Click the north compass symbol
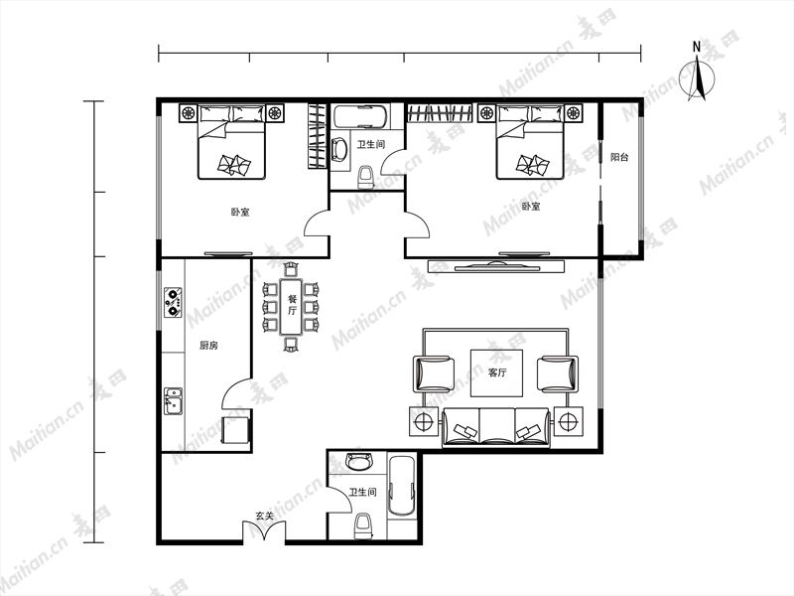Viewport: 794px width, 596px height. pyautogui.click(x=697, y=76)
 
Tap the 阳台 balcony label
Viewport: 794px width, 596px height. pyautogui.click(x=618, y=157)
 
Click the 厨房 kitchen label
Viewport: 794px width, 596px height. pyautogui.click(x=208, y=346)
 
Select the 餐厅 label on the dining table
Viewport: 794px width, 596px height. pyautogui.click(x=292, y=305)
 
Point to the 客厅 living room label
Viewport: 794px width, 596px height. pyautogui.click(x=497, y=372)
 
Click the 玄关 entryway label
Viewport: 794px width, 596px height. pyautogui.click(x=264, y=516)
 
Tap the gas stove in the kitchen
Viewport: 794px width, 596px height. pyautogui.click(x=173, y=302)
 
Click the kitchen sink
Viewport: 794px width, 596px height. pyautogui.click(x=173, y=401)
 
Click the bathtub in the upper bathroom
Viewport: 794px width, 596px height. pyautogui.click(x=360, y=116)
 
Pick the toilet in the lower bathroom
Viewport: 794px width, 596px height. pyautogui.click(x=362, y=526)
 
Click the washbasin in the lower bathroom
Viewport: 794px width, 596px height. pyautogui.click(x=358, y=461)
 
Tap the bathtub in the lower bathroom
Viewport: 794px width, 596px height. pyautogui.click(x=402, y=486)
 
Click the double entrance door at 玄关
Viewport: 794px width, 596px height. pyautogui.click(x=264, y=532)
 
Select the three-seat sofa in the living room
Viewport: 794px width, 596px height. pyautogui.click(x=496, y=427)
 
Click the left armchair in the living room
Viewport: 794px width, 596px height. pyautogui.click(x=434, y=373)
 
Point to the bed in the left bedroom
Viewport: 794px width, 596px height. pyautogui.click(x=231, y=142)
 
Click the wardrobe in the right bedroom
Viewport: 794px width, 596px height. pyautogui.click(x=440, y=113)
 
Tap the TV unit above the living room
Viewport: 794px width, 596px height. pyautogui.click(x=496, y=266)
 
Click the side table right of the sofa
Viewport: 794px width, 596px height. pyautogui.click(x=568, y=421)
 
